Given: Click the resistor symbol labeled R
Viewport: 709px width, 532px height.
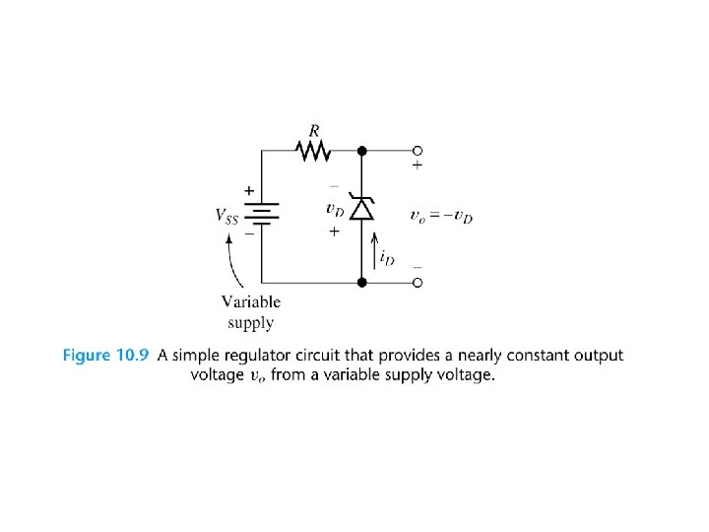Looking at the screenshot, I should pyautogui.click(x=312, y=151).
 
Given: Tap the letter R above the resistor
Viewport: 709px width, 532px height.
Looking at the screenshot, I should pyautogui.click(x=314, y=129).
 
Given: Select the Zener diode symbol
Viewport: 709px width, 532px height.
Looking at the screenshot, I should pyautogui.click(x=361, y=209).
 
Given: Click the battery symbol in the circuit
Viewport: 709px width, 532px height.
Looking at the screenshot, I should pyautogui.click(x=263, y=216).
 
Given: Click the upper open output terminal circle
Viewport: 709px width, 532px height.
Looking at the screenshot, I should pyautogui.click(x=417, y=151).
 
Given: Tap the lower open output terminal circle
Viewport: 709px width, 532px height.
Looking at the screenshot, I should pyautogui.click(x=417, y=283).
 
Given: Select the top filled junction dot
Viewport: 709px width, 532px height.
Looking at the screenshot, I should pyautogui.click(x=361, y=151).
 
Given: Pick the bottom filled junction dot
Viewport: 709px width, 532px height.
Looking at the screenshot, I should pyautogui.click(x=361, y=283).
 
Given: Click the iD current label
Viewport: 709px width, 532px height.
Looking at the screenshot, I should pyautogui.click(x=387, y=257).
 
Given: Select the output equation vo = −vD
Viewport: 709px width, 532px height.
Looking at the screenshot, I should pyautogui.click(x=440, y=216).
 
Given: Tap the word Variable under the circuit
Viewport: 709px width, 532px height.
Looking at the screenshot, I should pyautogui.click(x=250, y=302).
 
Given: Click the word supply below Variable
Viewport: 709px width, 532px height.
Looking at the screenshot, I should pyautogui.click(x=250, y=322).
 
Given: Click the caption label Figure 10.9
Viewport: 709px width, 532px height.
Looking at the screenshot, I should pyautogui.click(x=105, y=356).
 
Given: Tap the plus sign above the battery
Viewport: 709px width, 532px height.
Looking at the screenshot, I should pyautogui.click(x=249, y=190).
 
